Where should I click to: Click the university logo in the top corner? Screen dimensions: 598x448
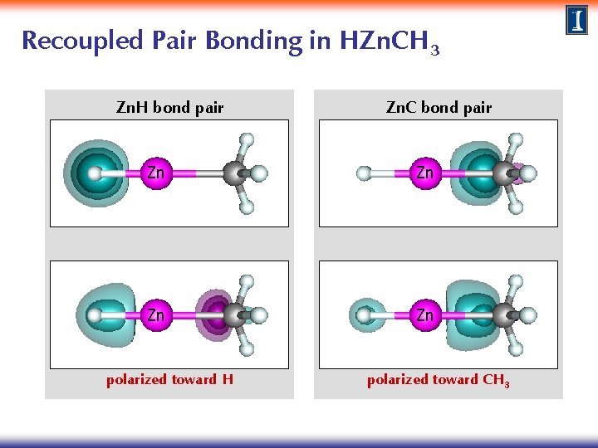click(x=577, y=20)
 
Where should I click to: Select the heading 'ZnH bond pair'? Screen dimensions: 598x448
click(x=169, y=107)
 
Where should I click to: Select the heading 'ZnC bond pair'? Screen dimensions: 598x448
click(x=439, y=107)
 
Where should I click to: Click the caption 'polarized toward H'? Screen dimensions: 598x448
click(x=169, y=380)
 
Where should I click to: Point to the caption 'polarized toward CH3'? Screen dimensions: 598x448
click(x=439, y=380)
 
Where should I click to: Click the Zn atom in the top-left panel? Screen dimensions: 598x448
click(x=155, y=173)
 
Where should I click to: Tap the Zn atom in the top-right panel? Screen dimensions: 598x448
click(x=424, y=173)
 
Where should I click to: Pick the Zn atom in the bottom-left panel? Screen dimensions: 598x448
click(x=155, y=315)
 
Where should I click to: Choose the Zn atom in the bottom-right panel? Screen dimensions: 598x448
click(x=424, y=315)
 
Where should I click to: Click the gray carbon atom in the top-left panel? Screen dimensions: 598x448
click(x=236, y=173)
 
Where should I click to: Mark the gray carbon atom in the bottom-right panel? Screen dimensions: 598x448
click(x=504, y=315)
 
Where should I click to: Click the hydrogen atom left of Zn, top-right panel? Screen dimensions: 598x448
click(x=364, y=173)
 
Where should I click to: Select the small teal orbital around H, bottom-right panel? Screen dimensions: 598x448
click(x=364, y=315)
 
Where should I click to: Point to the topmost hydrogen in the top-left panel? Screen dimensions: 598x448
click(x=246, y=139)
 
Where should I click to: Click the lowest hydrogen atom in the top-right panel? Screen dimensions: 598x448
click(x=515, y=207)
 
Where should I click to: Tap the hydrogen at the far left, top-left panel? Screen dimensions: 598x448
click(x=95, y=173)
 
